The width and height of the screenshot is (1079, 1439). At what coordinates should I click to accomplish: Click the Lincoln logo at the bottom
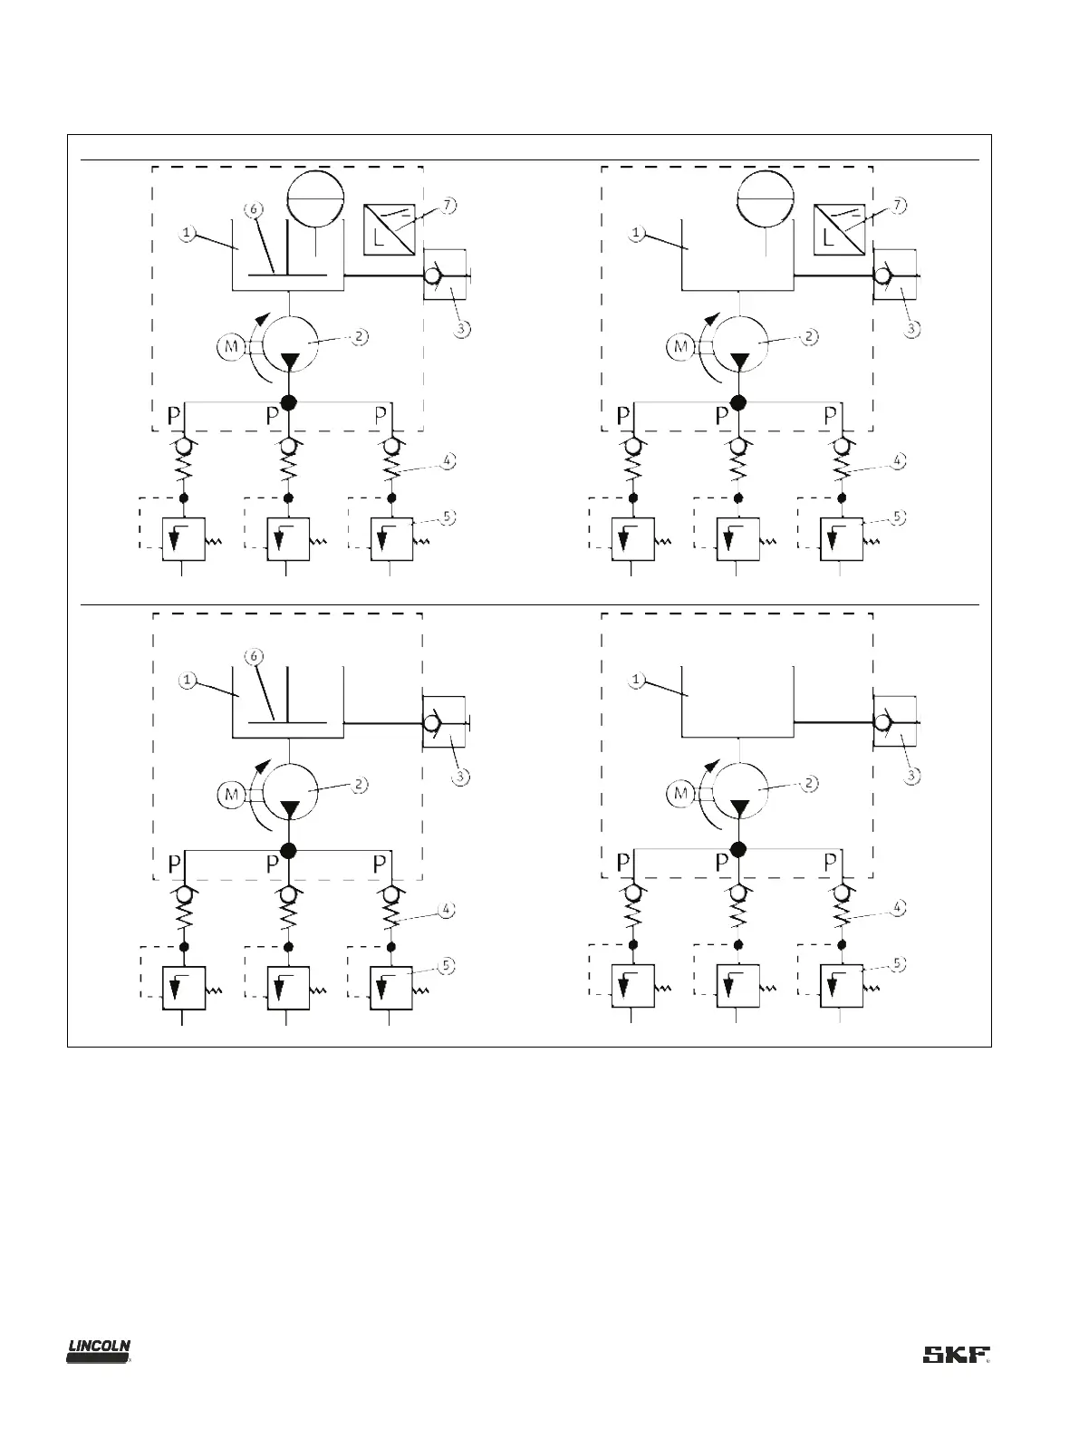coord(100,1351)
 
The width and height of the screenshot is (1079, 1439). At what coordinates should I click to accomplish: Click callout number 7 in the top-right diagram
coord(897,206)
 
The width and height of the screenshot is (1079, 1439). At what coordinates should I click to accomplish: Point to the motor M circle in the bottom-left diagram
coord(231,795)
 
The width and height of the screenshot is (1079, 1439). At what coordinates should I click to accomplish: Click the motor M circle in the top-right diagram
coord(680,346)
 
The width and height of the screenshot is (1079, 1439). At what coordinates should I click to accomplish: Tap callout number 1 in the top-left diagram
coord(187,233)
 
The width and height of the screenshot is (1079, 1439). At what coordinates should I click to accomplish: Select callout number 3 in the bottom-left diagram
coord(462,777)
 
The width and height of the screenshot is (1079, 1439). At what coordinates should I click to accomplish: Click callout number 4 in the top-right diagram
coord(897,460)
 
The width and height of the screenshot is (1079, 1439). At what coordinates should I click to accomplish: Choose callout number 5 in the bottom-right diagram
coord(897,965)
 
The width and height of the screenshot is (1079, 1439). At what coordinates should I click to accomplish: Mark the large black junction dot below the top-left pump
coord(289,402)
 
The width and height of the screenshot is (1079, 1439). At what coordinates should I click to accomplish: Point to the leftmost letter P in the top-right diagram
coord(623,416)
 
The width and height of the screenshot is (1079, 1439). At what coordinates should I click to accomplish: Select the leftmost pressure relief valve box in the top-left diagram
coord(184,539)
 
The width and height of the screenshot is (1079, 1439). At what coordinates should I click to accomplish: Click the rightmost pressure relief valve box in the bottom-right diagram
coord(841,987)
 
